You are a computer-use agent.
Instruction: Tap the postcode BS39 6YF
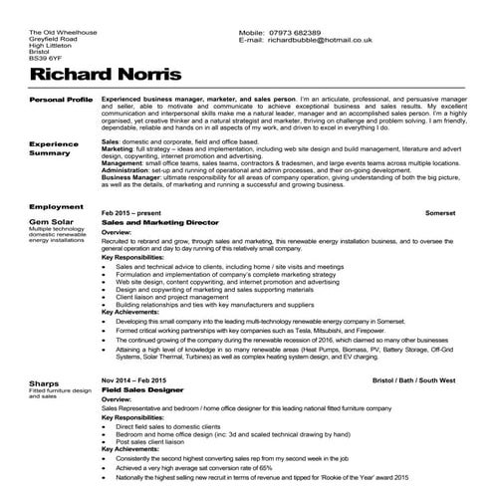(x=45, y=60)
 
